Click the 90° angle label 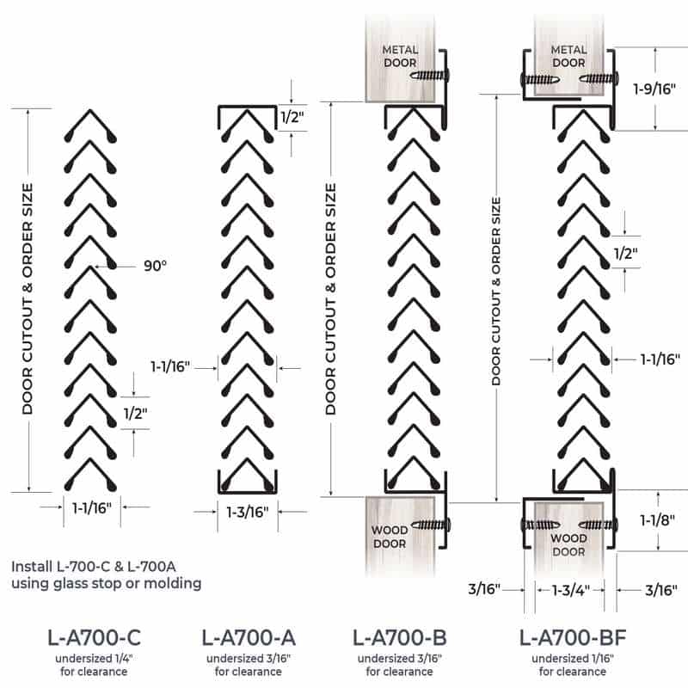(156, 266)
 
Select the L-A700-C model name (94, 637)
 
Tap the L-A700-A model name (249, 637)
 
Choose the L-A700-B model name (399, 637)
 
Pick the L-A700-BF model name (573, 637)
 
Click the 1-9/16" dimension (654, 89)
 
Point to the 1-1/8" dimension (657, 520)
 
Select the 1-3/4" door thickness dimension (570, 590)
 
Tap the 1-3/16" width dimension (248, 512)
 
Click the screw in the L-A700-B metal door (429, 76)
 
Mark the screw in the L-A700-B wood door (431, 525)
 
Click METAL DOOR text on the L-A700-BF (568, 56)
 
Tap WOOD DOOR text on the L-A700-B (390, 537)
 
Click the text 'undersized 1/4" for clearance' (94, 665)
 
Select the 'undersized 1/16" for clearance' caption (573, 665)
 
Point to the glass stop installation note (106, 574)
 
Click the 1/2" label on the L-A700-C (135, 413)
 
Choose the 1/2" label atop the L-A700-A (292, 117)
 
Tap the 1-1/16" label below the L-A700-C (92, 508)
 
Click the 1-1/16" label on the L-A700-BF (660, 359)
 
